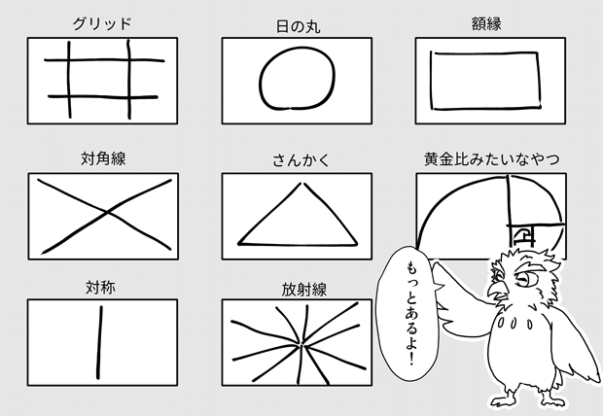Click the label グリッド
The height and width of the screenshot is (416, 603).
102,23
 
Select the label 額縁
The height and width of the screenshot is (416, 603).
490,23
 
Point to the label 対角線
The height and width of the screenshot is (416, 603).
102,157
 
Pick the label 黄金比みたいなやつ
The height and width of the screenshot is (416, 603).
491,157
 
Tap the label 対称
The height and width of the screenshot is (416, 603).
102,288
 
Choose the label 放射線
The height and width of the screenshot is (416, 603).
298,288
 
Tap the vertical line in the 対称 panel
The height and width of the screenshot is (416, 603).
98,340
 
